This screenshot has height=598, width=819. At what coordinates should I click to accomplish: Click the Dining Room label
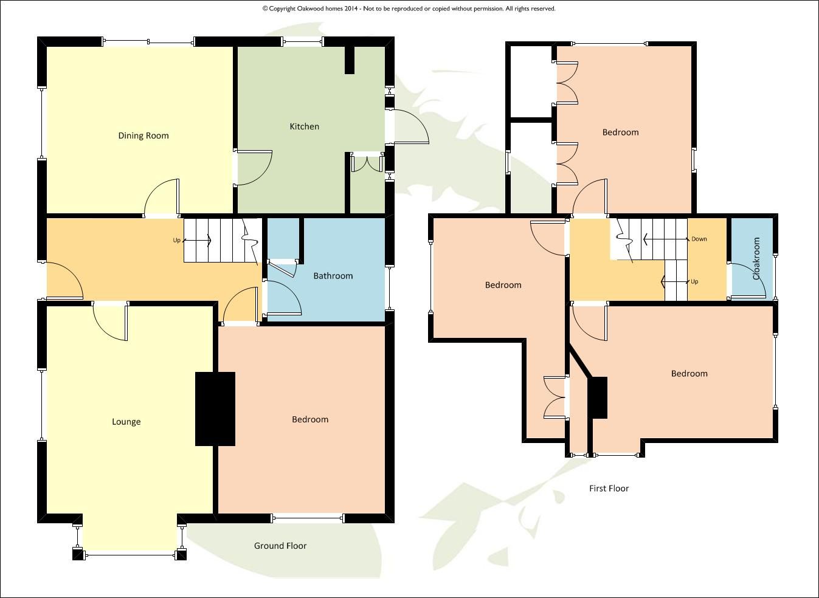coord(143,136)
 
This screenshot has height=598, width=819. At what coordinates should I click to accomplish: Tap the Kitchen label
coord(304,126)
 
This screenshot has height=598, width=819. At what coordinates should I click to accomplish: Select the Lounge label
coord(126,422)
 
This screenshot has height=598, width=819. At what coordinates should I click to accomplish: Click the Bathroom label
coord(333,276)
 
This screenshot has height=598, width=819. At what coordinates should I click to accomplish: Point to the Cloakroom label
coord(757,258)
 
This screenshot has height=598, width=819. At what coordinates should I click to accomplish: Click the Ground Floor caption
coord(280,546)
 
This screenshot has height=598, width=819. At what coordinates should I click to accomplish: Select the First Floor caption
coord(609,488)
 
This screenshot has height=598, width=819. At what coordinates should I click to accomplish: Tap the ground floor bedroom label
coord(310,419)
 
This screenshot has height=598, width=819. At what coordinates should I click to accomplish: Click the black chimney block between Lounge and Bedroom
coord(215,409)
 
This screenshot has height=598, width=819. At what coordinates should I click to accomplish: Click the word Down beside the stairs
coord(699,239)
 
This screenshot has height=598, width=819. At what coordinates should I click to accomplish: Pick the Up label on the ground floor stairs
coord(176,240)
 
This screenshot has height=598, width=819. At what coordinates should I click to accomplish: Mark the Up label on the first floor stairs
coord(694,281)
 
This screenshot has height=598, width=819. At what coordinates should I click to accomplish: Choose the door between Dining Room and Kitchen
coord(252,167)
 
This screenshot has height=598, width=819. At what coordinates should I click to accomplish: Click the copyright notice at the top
coord(409,9)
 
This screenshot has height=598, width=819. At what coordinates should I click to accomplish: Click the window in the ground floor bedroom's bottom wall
coord(308,518)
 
